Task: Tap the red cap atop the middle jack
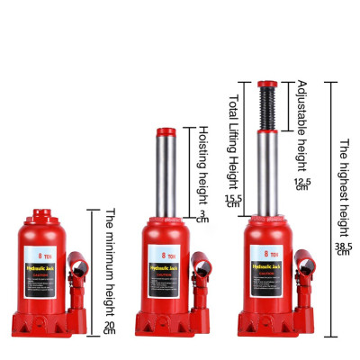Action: point(164,131)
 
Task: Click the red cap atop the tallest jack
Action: point(265,85)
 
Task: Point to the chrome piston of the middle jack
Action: point(164,175)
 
